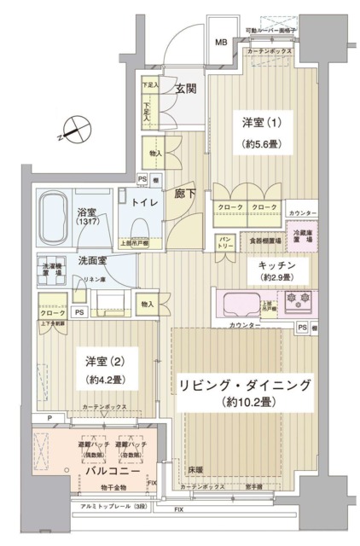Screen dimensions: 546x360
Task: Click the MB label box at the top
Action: [221, 42]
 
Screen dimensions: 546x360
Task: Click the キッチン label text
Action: [277, 265]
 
